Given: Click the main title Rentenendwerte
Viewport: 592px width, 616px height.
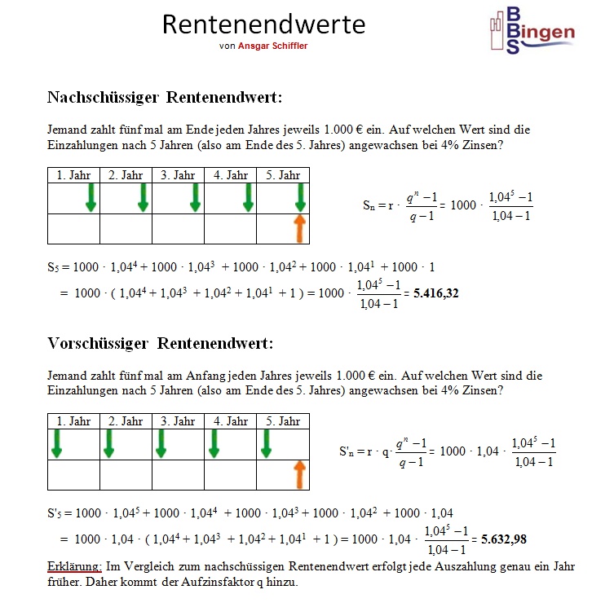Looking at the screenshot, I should pos(263,24).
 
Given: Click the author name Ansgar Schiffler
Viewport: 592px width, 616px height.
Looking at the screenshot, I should pos(272,46).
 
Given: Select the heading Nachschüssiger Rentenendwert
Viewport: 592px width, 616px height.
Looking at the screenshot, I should pos(165,98).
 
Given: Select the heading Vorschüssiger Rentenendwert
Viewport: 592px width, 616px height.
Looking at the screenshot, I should pos(160,343).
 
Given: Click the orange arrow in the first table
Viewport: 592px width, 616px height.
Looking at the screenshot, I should pos(299,228).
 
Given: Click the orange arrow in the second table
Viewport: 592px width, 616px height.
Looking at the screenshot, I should pos(299,474).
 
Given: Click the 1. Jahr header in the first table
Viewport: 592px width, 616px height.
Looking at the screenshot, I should pos(74,175).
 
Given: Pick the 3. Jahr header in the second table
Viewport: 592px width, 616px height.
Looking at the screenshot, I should pos(178,421).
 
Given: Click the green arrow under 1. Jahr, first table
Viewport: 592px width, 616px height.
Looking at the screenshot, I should pos(91,198).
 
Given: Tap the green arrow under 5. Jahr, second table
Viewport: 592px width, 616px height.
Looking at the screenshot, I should pos(265,443).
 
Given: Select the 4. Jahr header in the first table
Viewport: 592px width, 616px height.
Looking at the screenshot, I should pos(231,175).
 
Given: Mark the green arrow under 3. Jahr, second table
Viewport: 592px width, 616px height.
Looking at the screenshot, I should pos(161,443).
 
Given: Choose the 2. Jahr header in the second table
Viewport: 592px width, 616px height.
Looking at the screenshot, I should pos(126,421).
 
